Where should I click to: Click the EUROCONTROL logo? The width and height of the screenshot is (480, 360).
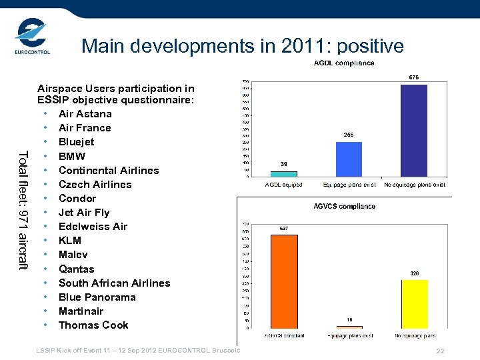click(32, 38)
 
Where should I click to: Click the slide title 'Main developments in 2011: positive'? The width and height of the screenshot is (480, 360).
click(242, 46)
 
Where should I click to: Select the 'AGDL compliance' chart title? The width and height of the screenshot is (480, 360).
click(344, 63)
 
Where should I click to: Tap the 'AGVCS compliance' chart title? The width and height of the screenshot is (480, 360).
click(344, 207)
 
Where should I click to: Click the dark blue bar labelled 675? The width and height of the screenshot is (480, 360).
click(413, 130)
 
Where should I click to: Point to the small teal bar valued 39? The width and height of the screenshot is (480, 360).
click(284, 174)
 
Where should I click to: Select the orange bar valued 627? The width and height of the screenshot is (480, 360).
click(284, 280)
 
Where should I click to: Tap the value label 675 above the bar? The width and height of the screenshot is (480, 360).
click(413, 77)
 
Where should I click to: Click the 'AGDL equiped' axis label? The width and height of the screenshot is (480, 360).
click(284, 185)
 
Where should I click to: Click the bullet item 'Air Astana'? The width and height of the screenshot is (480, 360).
click(85, 114)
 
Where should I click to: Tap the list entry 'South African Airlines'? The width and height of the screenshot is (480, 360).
click(114, 283)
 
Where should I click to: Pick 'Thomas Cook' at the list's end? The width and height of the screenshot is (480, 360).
click(93, 325)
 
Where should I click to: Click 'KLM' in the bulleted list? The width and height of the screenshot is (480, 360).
click(70, 241)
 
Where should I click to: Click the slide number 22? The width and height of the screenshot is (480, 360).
click(439, 351)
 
